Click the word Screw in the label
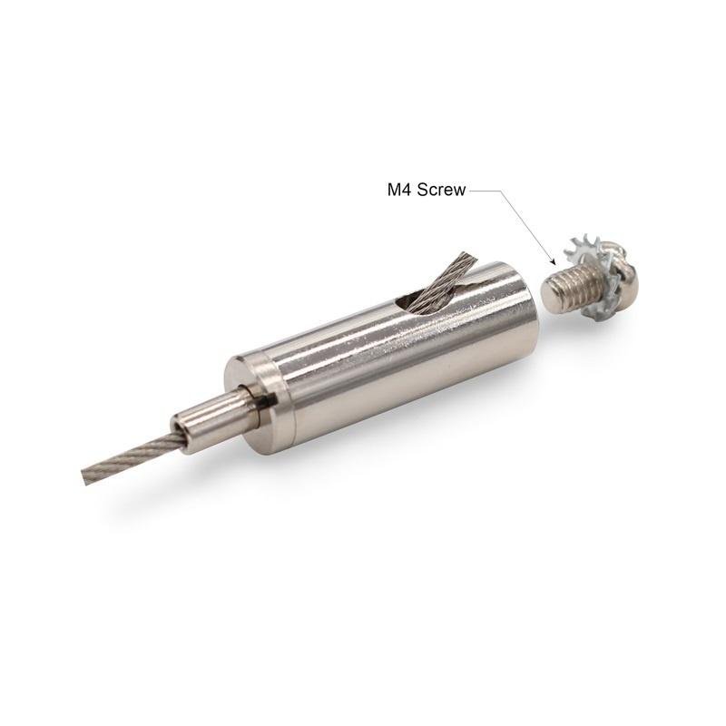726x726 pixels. point(441,190)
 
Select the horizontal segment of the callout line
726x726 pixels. point(484,190)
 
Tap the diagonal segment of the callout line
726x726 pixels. point(526,226)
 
